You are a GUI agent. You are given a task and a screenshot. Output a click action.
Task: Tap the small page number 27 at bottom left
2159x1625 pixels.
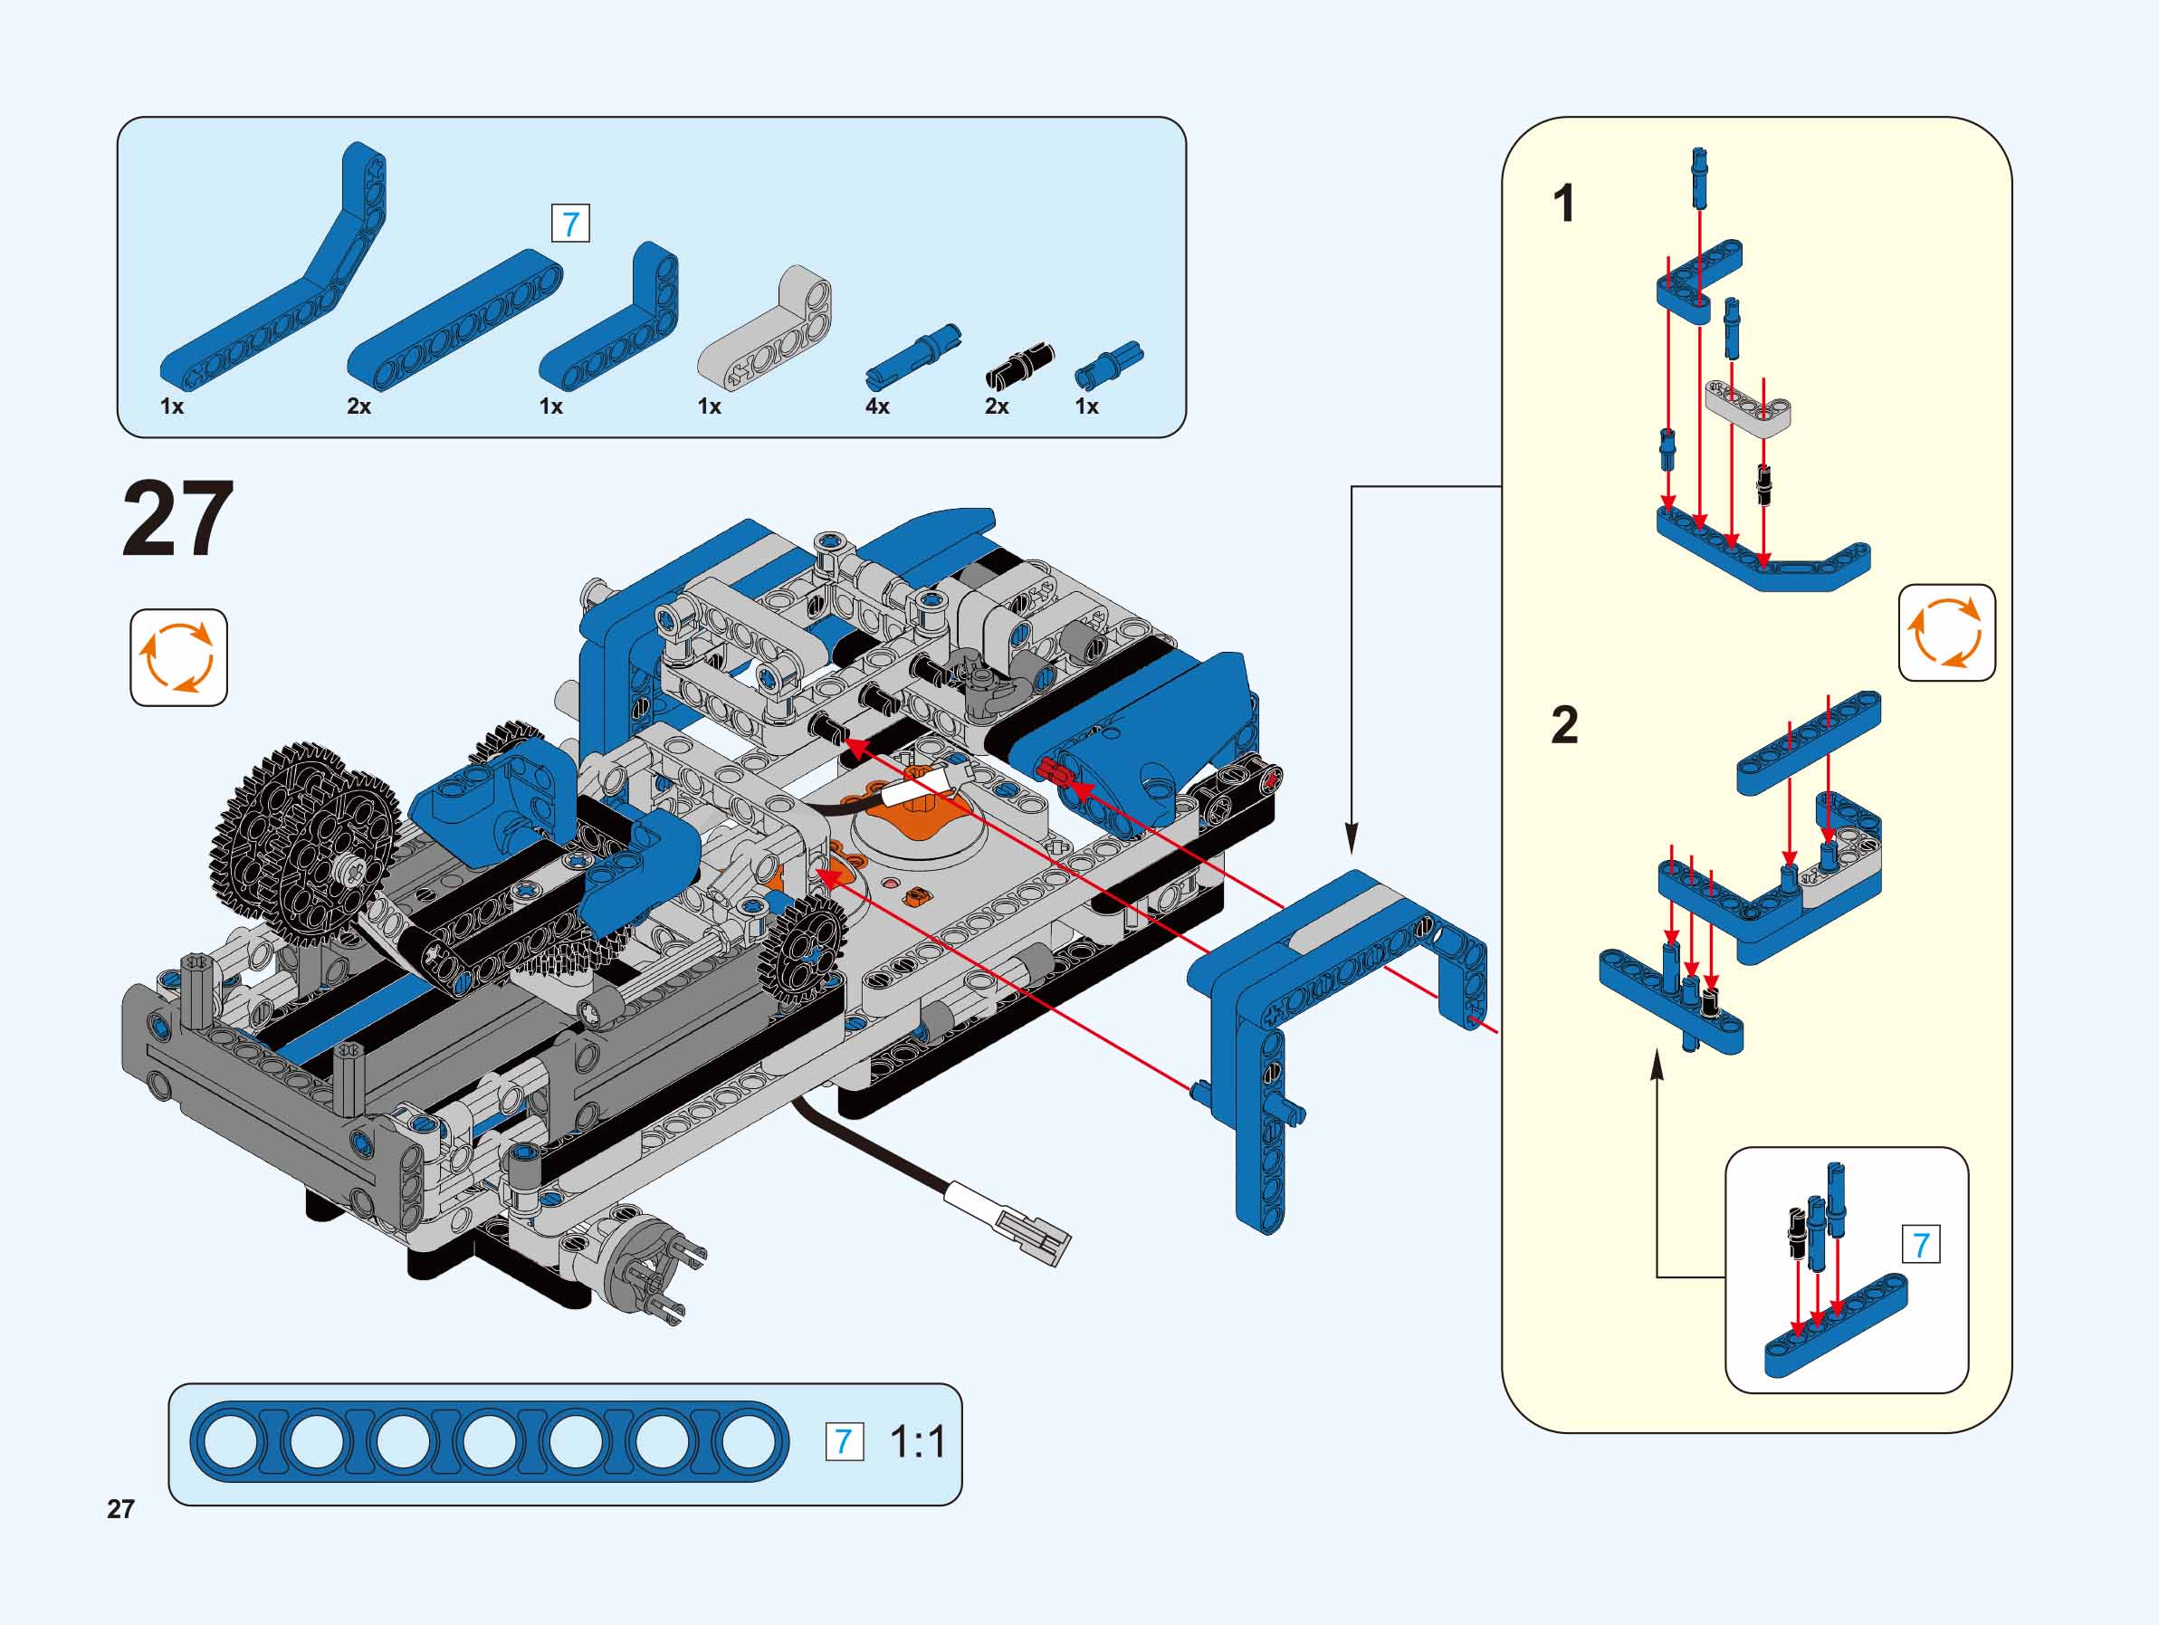tap(120, 1509)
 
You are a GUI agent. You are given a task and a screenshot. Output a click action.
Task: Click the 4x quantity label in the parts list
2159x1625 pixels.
tap(876, 406)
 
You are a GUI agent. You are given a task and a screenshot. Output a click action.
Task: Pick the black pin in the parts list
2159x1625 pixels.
tap(1020, 362)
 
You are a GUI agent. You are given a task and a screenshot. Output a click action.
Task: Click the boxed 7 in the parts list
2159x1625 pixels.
tap(571, 225)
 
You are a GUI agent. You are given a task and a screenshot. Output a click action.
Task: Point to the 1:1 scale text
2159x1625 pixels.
tap(918, 1441)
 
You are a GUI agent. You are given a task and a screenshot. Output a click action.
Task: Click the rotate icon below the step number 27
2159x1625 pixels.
tap(178, 657)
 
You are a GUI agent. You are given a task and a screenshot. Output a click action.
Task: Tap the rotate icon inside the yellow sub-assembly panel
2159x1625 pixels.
tap(1946, 633)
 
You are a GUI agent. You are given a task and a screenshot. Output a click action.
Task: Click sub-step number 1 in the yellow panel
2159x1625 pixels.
tap(1563, 204)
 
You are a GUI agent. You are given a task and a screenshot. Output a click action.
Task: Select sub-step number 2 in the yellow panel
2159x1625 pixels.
tap(1563, 725)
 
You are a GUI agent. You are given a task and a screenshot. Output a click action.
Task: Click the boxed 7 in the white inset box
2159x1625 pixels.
tap(1921, 1245)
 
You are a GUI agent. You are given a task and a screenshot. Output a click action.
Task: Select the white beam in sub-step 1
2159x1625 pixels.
tap(1748, 406)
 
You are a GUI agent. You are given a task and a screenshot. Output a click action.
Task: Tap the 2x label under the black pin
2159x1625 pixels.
tap(997, 406)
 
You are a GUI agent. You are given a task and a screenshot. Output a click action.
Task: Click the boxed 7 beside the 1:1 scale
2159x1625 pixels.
tap(845, 1441)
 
